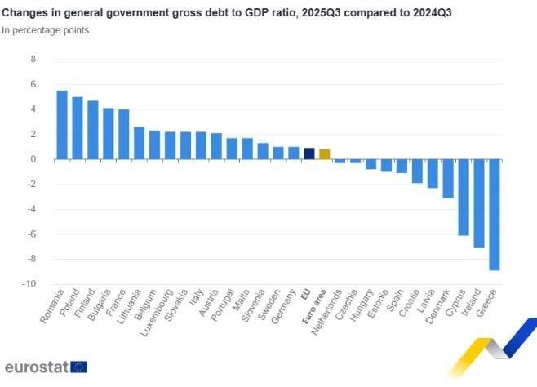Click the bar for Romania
(x=62, y=125)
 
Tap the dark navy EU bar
(x=308, y=153)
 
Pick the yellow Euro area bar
(x=325, y=154)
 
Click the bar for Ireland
(x=479, y=203)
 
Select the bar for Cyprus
(x=464, y=197)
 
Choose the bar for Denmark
(x=448, y=179)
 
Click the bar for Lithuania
(x=140, y=143)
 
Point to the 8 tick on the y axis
(x=33, y=60)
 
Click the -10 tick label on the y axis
(x=30, y=284)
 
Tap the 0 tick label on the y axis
(x=33, y=159)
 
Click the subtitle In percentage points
(x=46, y=30)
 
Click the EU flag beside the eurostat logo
(x=79, y=367)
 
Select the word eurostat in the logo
(x=37, y=367)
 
